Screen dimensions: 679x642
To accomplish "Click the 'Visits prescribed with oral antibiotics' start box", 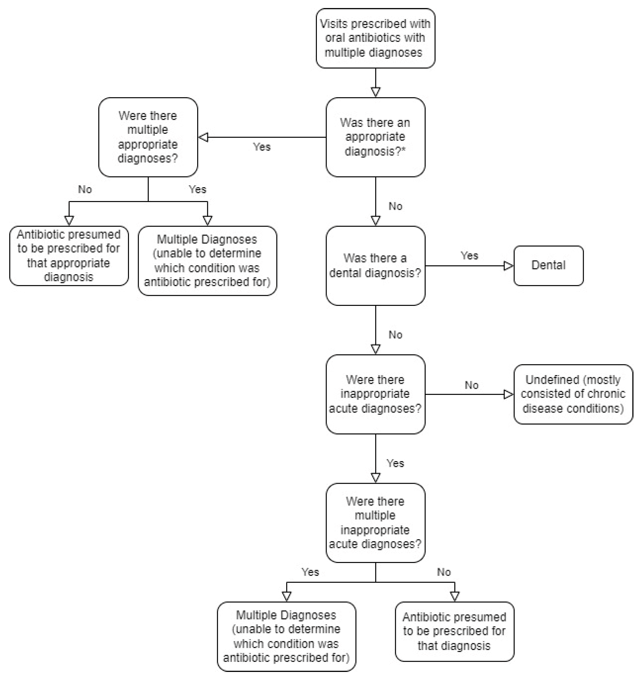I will (375, 38).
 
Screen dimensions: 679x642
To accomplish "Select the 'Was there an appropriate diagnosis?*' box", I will (375, 137).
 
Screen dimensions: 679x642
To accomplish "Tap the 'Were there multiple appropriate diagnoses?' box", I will (148, 137).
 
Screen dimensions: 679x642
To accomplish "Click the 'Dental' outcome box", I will (548, 266).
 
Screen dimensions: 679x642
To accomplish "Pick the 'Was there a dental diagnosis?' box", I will (375, 266).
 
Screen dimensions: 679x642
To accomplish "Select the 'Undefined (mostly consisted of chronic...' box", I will (573, 394).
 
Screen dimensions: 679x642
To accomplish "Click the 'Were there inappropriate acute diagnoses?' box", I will (375, 394).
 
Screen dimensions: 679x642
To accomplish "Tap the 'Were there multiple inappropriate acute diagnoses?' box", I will (375, 523).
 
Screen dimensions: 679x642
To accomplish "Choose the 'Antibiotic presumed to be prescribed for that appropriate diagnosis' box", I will (69, 256).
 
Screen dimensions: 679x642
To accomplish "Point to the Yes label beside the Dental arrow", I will (469, 256).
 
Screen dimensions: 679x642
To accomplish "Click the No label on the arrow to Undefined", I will (471, 385).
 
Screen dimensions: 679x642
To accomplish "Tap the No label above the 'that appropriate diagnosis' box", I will (85, 189).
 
